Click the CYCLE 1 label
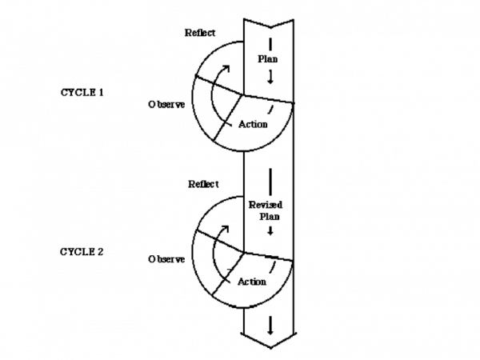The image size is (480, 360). (x=82, y=93)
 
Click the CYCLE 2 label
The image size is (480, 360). (x=82, y=252)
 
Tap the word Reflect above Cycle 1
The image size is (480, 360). (x=200, y=33)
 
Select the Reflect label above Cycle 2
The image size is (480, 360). (x=203, y=184)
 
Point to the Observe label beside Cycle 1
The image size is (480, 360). (x=166, y=104)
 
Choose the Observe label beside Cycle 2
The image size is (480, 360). (x=166, y=259)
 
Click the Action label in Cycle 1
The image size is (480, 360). (x=253, y=124)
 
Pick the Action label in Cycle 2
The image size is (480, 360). (x=252, y=282)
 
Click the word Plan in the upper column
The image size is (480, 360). (x=267, y=58)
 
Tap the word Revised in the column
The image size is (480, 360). (x=266, y=205)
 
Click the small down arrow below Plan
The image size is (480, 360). (x=270, y=77)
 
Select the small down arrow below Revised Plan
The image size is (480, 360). (x=270, y=231)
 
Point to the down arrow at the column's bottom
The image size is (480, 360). (x=270, y=326)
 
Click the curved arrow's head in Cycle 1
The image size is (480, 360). (x=226, y=68)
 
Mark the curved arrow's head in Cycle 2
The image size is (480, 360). (x=226, y=229)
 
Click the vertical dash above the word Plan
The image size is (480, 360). (x=270, y=44)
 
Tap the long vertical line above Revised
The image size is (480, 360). (x=270, y=182)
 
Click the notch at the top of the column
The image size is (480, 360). (x=270, y=28)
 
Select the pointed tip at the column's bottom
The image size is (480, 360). (x=270, y=348)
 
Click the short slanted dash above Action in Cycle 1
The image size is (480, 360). (x=270, y=110)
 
